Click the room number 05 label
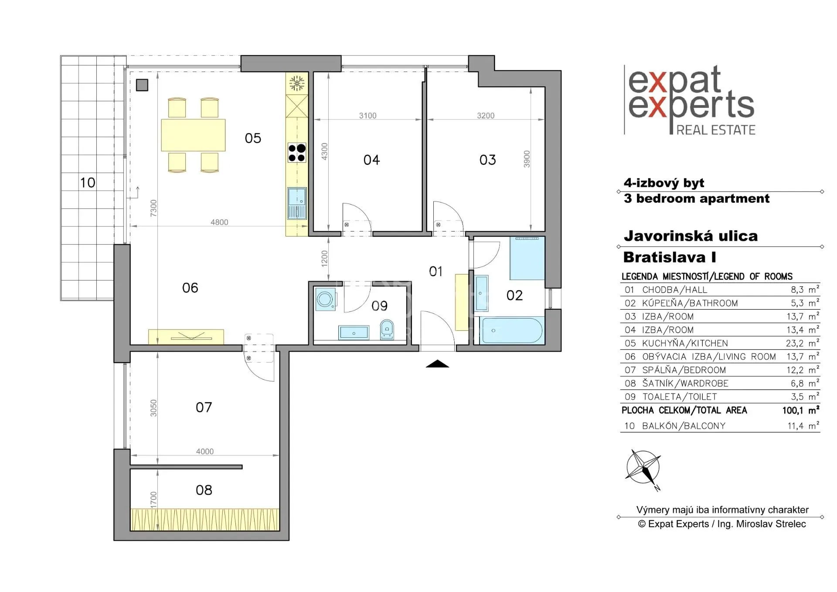[253, 138]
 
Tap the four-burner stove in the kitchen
[297, 153]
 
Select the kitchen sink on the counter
[297, 203]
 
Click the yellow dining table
[193, 135]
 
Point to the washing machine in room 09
[325, 299]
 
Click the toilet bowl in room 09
[387, 329]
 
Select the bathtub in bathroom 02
[511, 331]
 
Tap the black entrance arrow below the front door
[437, 364]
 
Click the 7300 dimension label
[153, 208]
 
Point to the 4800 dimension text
[219, 222]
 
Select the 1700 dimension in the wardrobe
[153, 499]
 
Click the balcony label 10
[88, 183]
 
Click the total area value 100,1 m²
[801, 410]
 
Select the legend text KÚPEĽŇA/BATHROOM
[690, 303]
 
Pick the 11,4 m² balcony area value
[803, 426]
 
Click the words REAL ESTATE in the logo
[716, 130]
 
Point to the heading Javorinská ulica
[691, 236]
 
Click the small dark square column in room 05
[142, 85]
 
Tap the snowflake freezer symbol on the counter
[297, 83]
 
